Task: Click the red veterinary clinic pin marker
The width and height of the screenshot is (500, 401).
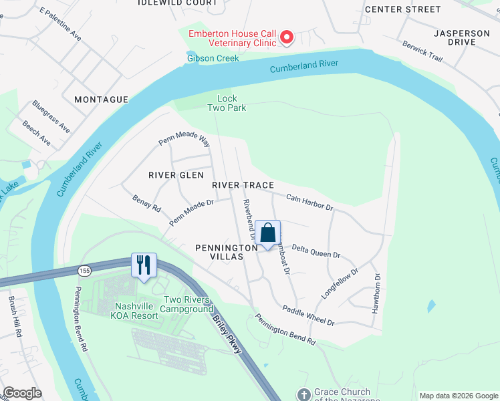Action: pyautogui.click(x=287, y=37)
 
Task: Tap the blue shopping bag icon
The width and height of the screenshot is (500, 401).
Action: pyautogui.click(x=267, y=233)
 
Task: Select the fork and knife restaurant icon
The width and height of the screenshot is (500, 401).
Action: pyautogui.click(x=144, y=265)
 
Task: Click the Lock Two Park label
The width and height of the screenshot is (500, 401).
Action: pyautogui.click(x=227, y=103)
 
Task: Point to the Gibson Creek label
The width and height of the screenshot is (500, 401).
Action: pyautogui.click(x=212, y=57)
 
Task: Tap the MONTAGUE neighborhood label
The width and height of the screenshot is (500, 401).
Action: pyautogui.click(x=101, y=100)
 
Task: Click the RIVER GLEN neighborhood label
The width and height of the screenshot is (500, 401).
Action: pyautogui.click(x=176, y=175)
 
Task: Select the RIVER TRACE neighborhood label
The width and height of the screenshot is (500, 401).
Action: pyautogui.click(x=243, y=184)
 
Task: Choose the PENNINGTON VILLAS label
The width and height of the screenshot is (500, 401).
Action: pyautogui.click(x=227, y=252)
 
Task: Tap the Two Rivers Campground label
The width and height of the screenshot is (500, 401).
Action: pyautogui.click(x=189, y=304)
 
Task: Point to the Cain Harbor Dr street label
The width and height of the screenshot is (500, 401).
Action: pyautogui.click(x=309, y=203)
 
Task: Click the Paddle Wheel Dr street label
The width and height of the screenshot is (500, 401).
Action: pyautogui.click(x=308, y=315)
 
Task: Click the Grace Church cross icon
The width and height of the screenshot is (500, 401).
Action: pyautogui.click(x=304, y=394)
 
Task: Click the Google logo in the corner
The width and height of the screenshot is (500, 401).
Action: pyautogui.click(x=23, y=393)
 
